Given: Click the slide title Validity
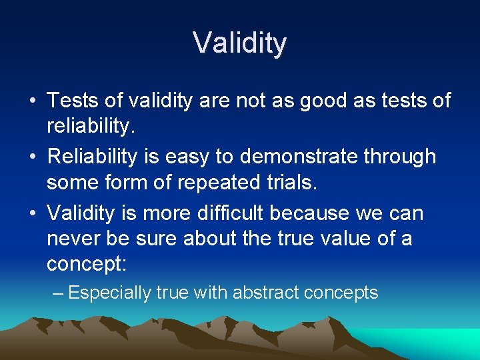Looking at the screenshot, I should [x=240, y=43].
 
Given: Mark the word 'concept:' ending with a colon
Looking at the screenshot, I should [x=86, y=263].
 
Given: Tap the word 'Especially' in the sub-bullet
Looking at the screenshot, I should [x=109, y=293].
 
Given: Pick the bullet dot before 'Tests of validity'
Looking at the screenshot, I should [x=33, y=102].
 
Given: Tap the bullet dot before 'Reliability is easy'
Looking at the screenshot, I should [x=33, y=158].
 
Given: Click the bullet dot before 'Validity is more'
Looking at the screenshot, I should [x=33, y=214].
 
